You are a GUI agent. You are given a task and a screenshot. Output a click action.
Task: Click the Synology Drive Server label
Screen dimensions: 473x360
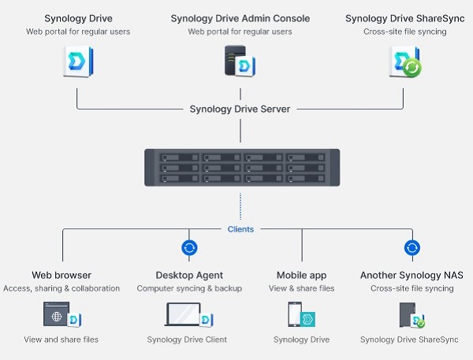[x=240, y=109]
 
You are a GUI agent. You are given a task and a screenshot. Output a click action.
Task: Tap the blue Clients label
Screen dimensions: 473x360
[x=240, y=229]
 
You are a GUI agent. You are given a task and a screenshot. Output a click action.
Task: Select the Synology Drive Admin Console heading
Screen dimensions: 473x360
[x=240, y=18]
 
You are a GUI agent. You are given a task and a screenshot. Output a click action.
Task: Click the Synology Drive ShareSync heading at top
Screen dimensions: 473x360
[x=405, y=18]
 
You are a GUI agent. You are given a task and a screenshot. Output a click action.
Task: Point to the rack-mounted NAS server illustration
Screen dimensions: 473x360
[x=242, y=167]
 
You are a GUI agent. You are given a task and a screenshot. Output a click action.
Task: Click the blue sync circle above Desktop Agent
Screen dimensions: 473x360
[x=189, y=248]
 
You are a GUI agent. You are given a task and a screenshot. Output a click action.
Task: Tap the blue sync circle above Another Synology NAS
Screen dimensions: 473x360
[x=412, y=248]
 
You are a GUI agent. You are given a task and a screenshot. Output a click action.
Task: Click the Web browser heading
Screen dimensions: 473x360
[x=61, y=275]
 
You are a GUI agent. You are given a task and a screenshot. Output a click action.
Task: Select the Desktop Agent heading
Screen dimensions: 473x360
[x=189, y=275]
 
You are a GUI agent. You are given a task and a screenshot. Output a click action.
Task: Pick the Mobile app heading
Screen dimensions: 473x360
[x=301, y=275]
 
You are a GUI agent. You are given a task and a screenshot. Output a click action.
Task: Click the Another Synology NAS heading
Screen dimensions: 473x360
[x=412, y=275]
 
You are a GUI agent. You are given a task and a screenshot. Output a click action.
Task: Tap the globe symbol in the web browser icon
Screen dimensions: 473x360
[x=57, y=317]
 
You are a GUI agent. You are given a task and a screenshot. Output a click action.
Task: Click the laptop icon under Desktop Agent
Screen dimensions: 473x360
[x=183, y=314]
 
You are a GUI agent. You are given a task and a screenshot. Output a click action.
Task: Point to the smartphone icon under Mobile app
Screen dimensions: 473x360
[x=294, y=314]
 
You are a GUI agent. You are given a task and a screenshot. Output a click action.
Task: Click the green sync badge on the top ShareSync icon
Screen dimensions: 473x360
[x=412, y=68]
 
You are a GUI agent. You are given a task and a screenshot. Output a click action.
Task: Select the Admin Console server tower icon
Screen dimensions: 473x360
[x=235, y=60]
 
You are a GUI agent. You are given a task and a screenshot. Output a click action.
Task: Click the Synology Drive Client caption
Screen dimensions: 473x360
[x=187, y=340]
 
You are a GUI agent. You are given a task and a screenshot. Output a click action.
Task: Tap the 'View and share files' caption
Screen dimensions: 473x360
[x=61, y=340]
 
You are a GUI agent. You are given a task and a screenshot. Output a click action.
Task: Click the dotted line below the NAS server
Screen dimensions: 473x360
[x=240, y=206]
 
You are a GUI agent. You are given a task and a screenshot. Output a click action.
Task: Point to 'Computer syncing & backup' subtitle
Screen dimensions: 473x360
[x=189, y=288]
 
